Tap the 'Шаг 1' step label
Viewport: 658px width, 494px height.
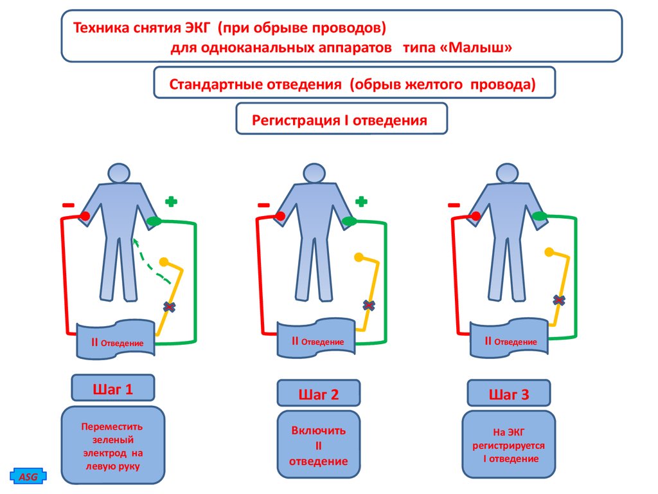113,389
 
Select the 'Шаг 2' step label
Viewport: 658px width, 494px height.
318,394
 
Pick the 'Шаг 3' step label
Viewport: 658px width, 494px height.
508,394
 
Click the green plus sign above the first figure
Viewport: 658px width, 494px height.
171,201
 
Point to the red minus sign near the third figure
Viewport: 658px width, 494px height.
454,205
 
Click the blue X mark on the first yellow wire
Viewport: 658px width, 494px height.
170,306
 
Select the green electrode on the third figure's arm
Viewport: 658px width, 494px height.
540,217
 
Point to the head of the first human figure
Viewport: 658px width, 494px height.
118,174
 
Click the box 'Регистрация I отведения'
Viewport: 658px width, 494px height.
341,119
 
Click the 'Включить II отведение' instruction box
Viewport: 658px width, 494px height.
318,445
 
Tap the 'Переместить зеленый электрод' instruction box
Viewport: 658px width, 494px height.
112,446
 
